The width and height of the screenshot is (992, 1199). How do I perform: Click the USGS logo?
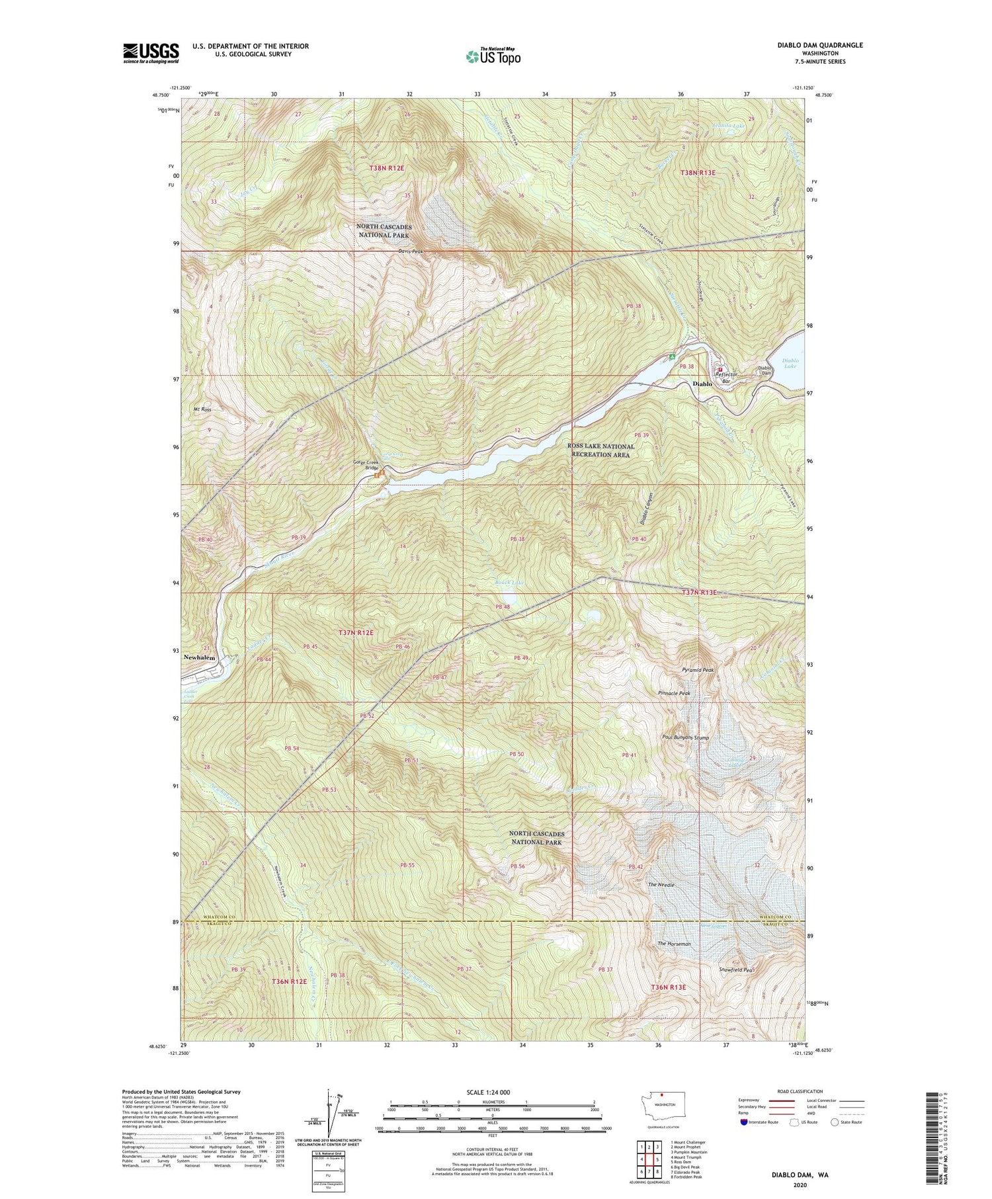coord(151,53)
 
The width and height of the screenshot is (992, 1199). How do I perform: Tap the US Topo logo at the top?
coord(493,57)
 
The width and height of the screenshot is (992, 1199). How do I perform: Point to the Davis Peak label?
coord(411,251)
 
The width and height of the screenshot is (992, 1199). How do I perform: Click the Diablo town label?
coord(702,384)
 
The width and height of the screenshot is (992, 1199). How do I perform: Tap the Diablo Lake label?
coord(790,363)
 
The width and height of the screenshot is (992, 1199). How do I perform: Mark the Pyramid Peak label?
coord(698,670)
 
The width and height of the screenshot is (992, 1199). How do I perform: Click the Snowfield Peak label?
coord(737,970)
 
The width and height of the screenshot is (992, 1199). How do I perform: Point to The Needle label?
coord(661,885)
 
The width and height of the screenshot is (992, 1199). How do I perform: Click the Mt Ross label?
coord(202,410)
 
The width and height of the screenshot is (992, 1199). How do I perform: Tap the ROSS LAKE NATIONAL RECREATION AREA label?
coord(600,450)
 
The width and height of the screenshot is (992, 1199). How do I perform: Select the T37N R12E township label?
coord(356,633)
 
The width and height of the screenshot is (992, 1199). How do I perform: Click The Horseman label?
coord(674,944)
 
